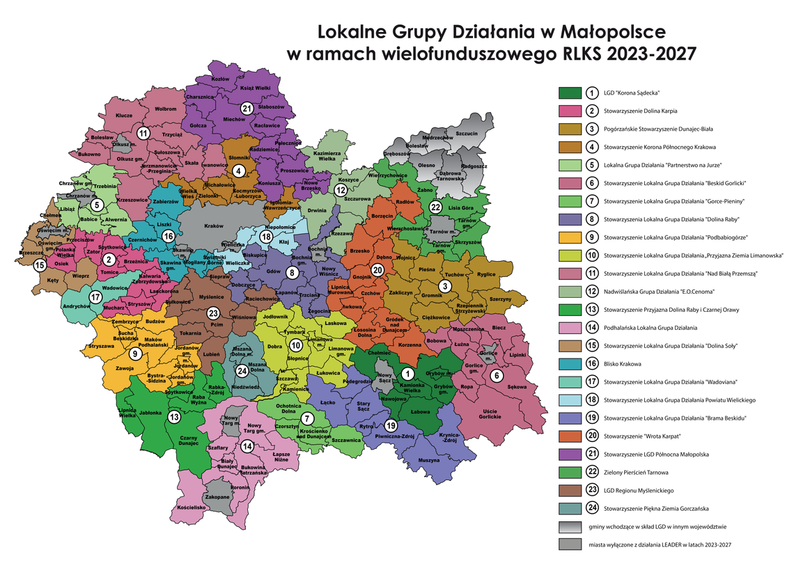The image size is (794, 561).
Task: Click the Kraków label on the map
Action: point(212,226)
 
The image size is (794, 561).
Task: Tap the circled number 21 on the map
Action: point(247,108)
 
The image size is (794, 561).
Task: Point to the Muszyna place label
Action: point(429,460)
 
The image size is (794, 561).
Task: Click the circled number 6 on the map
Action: point(497,376)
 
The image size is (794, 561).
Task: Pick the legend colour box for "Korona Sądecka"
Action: point(568,93)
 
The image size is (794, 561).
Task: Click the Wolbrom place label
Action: point(166,109)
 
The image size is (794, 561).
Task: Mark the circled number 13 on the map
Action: point(173,416)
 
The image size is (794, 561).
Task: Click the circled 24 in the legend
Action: point(591,508)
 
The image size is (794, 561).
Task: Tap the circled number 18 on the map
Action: point(265,237)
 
